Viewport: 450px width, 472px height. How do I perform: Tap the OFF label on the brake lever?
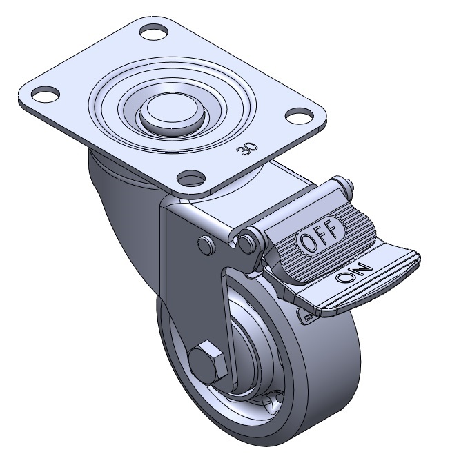point(320,234)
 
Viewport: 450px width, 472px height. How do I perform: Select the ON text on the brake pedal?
point(355,273)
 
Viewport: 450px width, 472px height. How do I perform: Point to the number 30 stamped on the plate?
point(247,149)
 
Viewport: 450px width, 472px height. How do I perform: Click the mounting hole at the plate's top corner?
point(154,32)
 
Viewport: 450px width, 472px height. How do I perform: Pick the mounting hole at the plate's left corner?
point(45,93)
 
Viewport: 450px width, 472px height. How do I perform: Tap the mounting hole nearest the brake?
point(191,177)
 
